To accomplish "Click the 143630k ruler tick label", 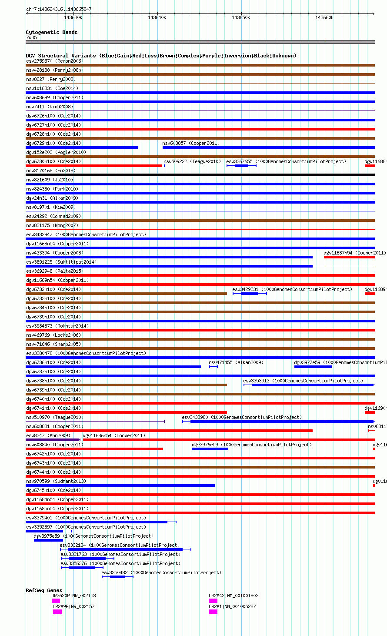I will (x=73, y=17).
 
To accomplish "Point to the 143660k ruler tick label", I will (x=324, y=17).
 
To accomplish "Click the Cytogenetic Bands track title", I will (x=51, y=32).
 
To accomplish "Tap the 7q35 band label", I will (x=31, y=37).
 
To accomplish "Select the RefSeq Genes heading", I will (x=44, y=590).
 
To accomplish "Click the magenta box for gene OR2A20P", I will (x=56, y=601).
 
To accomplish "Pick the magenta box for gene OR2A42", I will (x=213, y=601).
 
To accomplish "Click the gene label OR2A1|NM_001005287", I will (x=232, y=606).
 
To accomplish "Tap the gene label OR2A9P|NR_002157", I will (x=73, y=606).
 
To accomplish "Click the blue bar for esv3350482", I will (x=117, y=577).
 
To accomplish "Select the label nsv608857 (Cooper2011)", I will (x=191, y=143).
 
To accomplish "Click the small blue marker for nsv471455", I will (x=214, y=367).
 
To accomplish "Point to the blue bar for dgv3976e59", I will (x=210, y=449).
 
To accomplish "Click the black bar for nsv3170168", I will (x=200, y=175).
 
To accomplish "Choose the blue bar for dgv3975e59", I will (x=48, y=540).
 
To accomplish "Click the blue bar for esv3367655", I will (x=241, y=166).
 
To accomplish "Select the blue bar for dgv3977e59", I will (x=313, y=367).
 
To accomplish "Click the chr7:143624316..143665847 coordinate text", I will (x=59, y=9).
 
